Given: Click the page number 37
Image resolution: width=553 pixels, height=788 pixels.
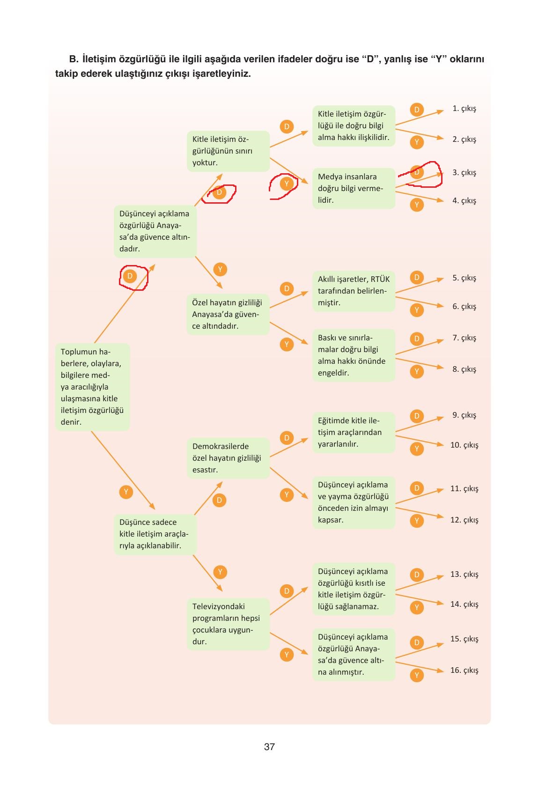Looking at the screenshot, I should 269,747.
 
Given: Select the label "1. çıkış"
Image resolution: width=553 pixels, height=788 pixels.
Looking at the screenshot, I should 464,109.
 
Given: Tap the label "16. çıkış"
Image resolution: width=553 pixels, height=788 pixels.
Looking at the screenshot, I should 464,670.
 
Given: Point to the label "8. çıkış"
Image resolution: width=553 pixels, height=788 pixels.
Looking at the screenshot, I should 464,369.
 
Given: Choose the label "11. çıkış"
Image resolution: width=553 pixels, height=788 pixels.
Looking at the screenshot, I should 464,489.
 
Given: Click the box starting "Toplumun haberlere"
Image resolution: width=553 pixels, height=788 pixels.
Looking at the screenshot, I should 92,387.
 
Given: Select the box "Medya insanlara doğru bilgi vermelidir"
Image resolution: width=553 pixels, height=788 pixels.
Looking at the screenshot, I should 354,189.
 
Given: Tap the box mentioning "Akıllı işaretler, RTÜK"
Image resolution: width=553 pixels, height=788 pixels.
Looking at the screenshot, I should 354,291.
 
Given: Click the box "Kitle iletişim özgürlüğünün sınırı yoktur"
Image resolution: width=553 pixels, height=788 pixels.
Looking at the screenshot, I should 228,151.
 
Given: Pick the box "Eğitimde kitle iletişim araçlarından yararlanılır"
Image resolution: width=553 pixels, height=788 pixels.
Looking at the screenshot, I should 354,433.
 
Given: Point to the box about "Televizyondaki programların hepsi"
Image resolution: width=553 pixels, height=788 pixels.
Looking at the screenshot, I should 228,624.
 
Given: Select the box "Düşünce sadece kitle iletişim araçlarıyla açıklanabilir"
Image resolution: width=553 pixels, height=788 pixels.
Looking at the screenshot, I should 155,534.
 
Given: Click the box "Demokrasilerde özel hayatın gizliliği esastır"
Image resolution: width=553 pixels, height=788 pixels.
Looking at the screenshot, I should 228,458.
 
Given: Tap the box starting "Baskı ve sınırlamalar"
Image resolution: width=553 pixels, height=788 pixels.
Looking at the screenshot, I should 354,355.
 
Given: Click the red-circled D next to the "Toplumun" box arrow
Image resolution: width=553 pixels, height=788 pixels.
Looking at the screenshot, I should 130,276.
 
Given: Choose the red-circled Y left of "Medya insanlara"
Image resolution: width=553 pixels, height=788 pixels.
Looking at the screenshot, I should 287,184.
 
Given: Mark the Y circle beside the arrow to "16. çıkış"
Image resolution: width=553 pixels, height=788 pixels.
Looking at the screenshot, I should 416,675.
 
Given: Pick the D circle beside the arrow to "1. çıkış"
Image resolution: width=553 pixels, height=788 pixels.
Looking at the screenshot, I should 416,110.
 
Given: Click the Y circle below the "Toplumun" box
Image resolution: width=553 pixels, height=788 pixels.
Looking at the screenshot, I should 125,492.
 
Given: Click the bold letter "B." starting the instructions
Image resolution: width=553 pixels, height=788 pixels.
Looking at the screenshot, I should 75,59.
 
